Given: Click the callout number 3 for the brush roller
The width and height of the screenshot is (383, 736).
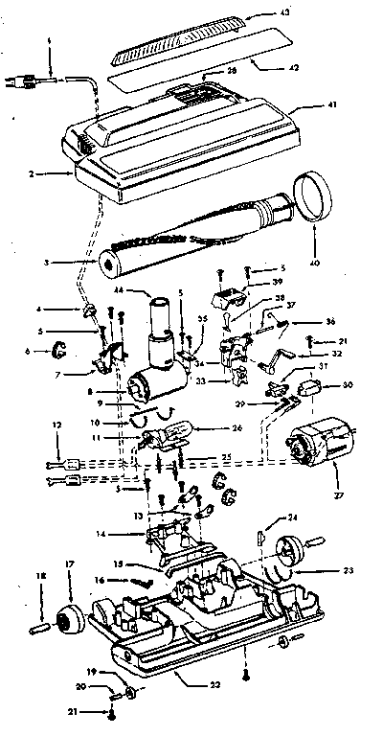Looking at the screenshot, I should [x=58, y=261].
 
